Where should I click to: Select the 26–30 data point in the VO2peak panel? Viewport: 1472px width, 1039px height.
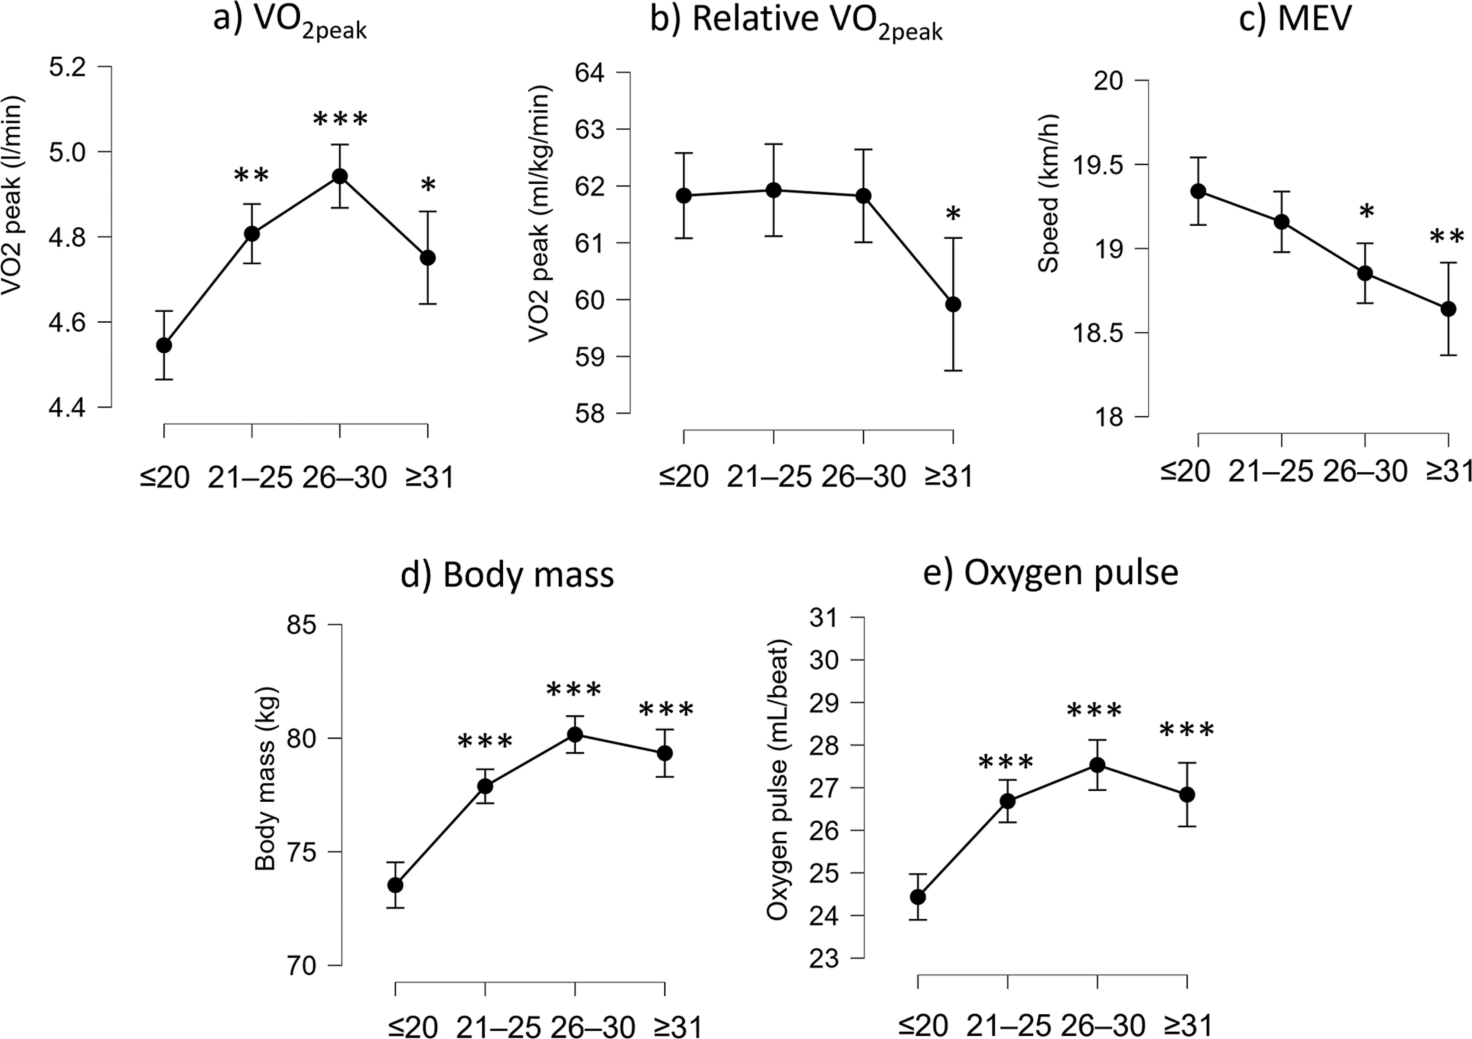tap(340, 176)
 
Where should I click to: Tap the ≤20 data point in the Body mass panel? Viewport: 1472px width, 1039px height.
tap(396, 885)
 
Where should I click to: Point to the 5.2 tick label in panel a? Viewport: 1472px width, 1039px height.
tap(67, 67)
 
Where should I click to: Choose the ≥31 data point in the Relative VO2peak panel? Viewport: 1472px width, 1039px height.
tap(953, 304)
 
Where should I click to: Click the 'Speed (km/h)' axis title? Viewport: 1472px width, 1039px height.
tap(1048, 194)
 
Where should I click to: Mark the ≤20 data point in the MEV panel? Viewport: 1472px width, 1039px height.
tap(1198, 191)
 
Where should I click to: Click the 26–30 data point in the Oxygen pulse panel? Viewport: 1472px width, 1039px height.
tap(1097, 765)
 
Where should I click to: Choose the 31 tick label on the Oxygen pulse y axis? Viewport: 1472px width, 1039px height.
tap(824, 618)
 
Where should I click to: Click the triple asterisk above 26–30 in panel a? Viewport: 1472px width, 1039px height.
tap(340, 119)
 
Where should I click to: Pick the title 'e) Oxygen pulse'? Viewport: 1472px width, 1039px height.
tap(1050, 572)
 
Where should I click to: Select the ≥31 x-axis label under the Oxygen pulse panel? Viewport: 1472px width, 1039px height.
tap(1187, 1025)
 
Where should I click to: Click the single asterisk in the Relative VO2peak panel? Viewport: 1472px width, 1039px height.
tap(953, 214)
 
